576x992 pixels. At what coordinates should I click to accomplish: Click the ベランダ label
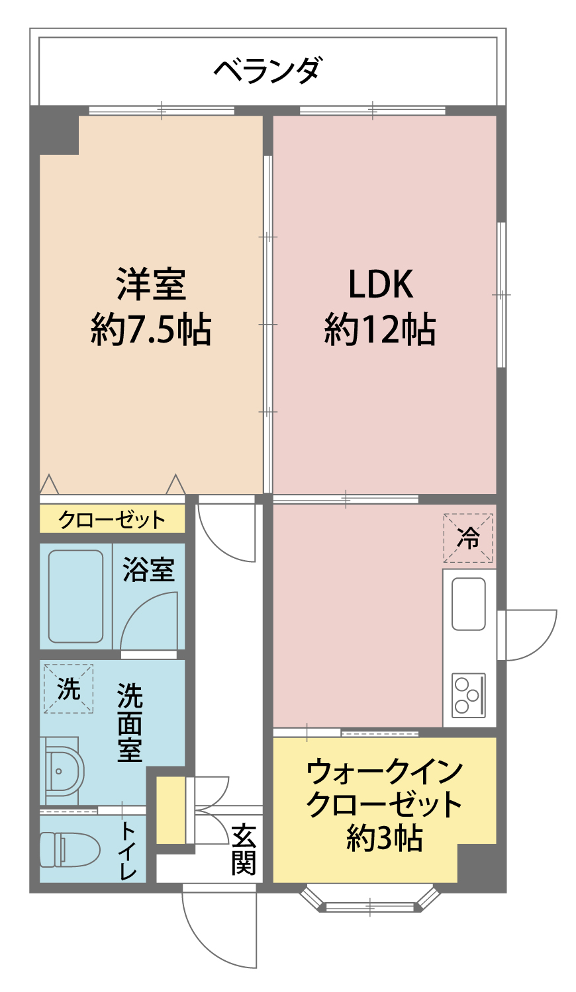pos(268,70)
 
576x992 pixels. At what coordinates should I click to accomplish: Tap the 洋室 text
pos(151,284)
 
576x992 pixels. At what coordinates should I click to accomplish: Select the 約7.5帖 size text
pos(151,329)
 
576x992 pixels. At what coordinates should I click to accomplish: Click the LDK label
pos(381,284)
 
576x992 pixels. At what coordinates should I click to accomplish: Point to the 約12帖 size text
pos(381,329)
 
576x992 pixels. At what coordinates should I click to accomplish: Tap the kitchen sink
pos(469,604)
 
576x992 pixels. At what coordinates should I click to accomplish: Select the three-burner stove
pos(469,695)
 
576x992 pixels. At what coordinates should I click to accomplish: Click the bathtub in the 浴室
pos(75,596)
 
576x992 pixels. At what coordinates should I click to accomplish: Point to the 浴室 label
pos(148,570)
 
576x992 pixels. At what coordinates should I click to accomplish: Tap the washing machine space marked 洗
pos(68,688)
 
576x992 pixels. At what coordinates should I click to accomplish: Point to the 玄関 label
pos(243,849)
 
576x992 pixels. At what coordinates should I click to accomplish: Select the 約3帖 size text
pos(384,839)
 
